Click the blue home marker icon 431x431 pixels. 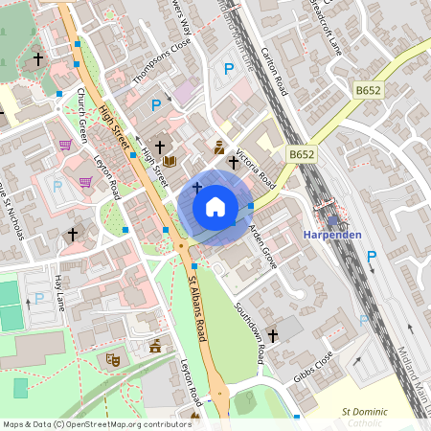215,207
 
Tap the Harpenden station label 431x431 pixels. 331,236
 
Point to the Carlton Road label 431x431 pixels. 281,73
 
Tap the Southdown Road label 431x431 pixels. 251,334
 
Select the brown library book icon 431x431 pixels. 169,161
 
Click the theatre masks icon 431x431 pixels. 112,359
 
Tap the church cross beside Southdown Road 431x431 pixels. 272,336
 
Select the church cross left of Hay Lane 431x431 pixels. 72,233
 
